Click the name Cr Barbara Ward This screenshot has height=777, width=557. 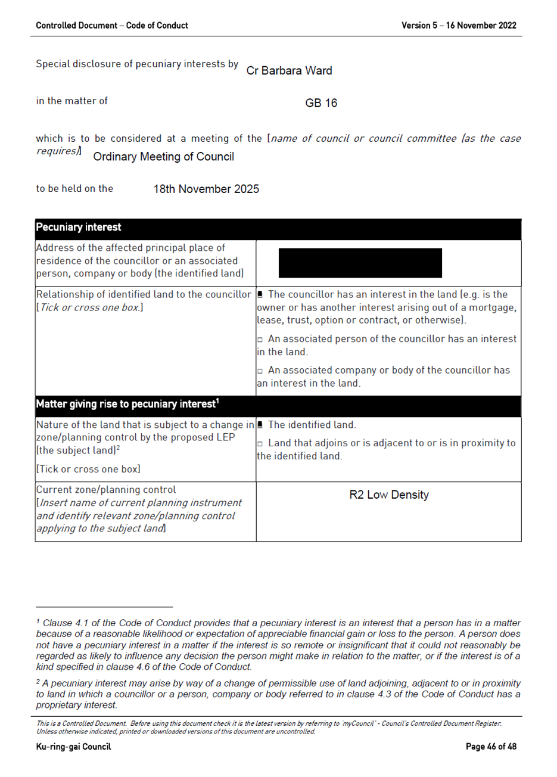[x=289, y=70]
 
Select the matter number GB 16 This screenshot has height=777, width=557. [x=320, y=103]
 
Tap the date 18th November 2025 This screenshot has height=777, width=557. [x=206, y=189]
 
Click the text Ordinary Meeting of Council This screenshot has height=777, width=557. [x=163, y=157]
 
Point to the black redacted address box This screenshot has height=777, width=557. [x=360, y=263]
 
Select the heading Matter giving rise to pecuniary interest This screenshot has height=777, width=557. [x=127, y=404]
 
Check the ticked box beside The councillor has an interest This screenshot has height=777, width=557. [x=260, y=294]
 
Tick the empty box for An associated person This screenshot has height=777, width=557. [x=260, y=340]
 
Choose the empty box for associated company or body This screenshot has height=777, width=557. [x=260, y=371]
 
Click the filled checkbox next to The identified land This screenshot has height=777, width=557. [x=260, y=425]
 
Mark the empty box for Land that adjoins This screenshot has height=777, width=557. [x=260, y=444]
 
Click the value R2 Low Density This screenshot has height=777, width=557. [x=388, y=495]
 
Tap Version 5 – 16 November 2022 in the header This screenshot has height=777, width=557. [x=458, y=26]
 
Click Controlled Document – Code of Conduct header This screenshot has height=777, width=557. [x=111, y=26]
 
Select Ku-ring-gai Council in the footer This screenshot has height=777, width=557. [x=73, y=747]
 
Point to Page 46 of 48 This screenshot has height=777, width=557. [x=491, y=747]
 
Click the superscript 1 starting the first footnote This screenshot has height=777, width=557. [x=38, y=621]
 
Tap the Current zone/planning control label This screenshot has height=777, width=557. [x=105, y=490]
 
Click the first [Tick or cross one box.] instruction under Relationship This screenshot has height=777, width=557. [x=89, y=307]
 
